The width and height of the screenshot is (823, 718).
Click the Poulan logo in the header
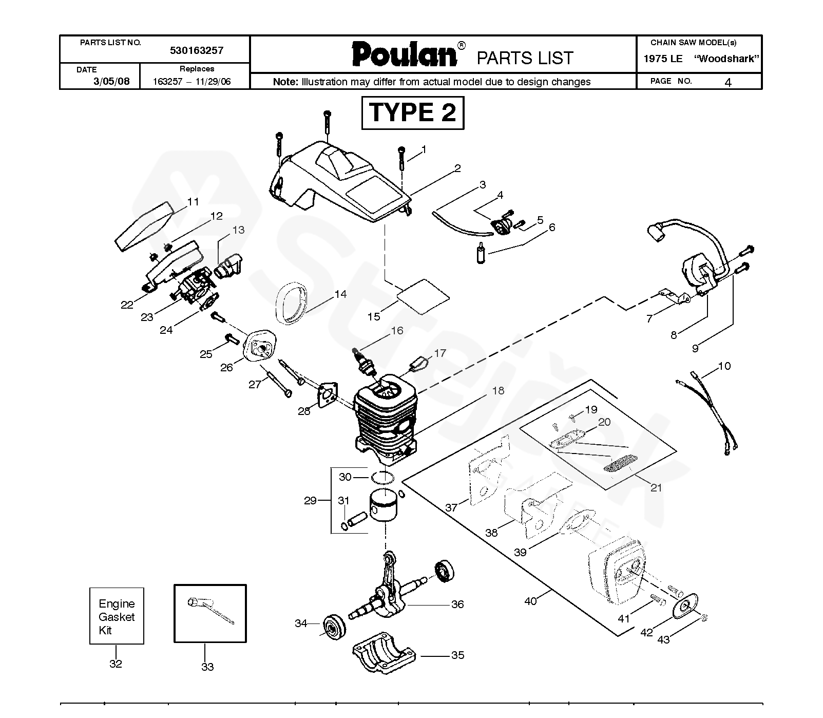click(405, 54)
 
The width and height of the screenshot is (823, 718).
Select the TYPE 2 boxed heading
click(412, 112)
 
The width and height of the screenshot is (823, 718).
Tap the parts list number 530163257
click(196, 51)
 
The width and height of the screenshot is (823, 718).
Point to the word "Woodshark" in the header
click(726, 59)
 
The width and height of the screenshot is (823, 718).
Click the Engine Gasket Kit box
click(117, 616)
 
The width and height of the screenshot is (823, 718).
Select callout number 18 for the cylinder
click(497, 391)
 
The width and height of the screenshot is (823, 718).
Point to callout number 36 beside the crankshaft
click(457, 604)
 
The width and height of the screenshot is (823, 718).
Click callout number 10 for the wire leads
click(724, 366)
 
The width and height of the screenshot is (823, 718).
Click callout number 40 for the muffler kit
click(530, 600)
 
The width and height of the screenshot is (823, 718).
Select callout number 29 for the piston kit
click(310, 500)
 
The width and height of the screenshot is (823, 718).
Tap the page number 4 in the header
click(728, 82)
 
